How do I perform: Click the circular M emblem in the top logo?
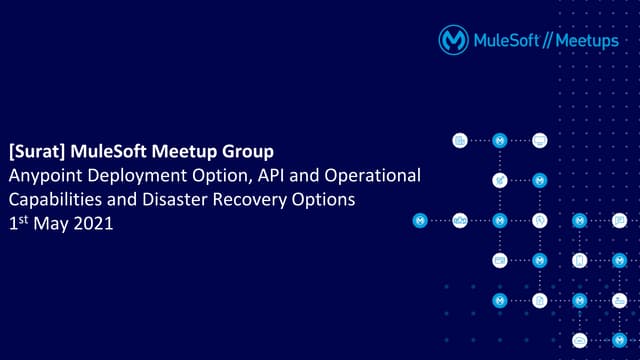[x=454, y=39]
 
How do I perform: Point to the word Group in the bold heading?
[x=248, y=152]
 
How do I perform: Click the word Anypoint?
[x=42, y=176]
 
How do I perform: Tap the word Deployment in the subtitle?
[x=132, y=176]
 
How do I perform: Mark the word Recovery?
[x=250, y=200]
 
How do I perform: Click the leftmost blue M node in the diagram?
[x=420, y=220]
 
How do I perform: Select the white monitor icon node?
[x=540, y=140]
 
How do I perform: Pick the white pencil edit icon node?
[x=500, y=180]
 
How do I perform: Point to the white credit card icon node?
[x=500, y=260]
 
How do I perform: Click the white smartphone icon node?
[x=580, y=260]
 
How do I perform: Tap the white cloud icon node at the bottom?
[x=580, y=340]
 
